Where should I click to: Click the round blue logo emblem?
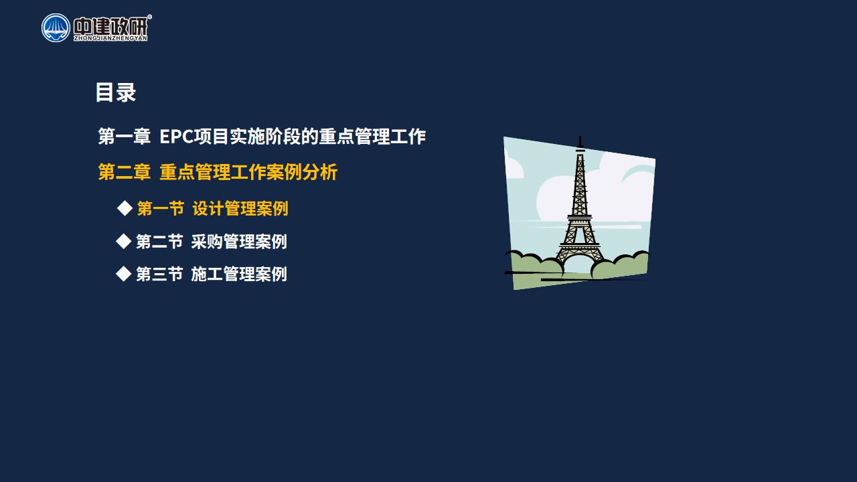[x=56, y=28]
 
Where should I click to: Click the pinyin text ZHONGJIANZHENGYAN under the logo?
[x=110, y=38]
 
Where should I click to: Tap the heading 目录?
[x=116, y=92]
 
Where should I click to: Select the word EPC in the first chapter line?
[x=176, y=137]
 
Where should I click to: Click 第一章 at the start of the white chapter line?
[x=125, y=137]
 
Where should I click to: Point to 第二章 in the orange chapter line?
[x=125, y=172]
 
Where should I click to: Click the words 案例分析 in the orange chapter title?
[x=302, y=172]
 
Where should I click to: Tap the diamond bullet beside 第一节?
[x=125, y=208]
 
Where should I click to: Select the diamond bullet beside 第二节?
[x=124, y=242]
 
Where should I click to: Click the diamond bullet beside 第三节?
[x=124, y=274]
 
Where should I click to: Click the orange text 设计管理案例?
[x=240, y=208]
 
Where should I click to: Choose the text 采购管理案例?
[x=239, y=242]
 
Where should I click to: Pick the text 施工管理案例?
[x=239, y=274]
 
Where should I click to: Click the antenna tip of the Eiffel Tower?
[x=580, y=137]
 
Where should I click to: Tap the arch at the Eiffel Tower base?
[x=580, y=258]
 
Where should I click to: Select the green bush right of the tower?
[x=620, y=264]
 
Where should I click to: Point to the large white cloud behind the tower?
[x=605, y=191]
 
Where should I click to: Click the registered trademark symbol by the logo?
[x=149, y=17]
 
